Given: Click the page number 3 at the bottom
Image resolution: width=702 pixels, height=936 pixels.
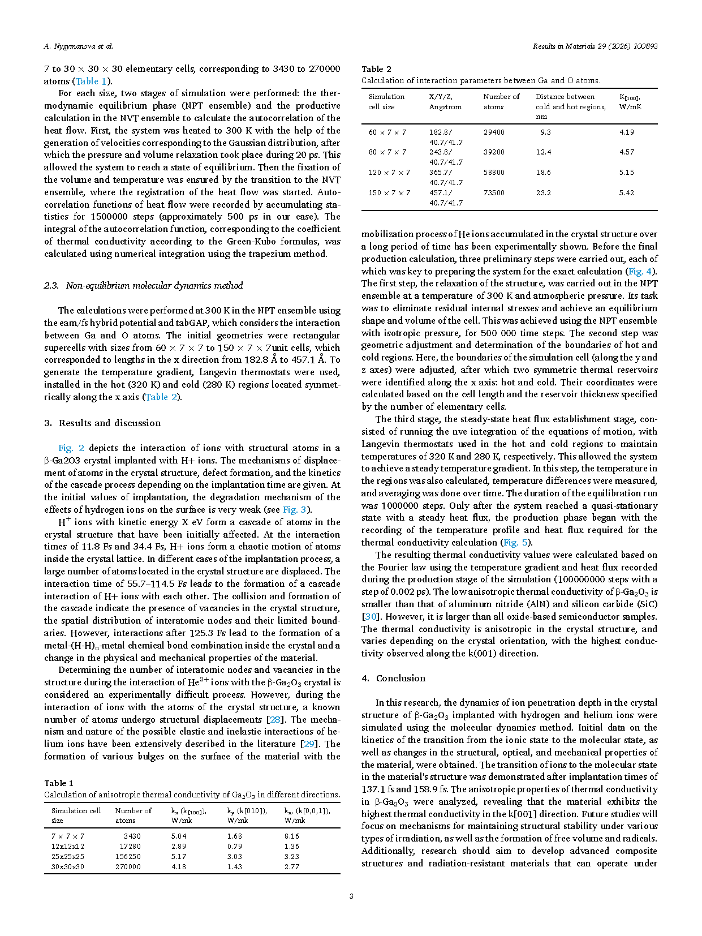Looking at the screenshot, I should point(351,896).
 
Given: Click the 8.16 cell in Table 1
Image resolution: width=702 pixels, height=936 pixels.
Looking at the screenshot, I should point(292,836).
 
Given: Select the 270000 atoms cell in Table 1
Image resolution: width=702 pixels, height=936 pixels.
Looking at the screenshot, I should point(128,866).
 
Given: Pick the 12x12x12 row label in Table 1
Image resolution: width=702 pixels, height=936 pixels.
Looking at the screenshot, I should point(68,846).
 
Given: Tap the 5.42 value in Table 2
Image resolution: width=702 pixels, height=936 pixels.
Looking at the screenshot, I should point(626,193).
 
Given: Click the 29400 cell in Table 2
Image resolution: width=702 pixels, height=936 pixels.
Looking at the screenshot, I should point(494,132).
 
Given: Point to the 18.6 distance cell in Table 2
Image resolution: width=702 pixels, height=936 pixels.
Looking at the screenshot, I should point(543,173).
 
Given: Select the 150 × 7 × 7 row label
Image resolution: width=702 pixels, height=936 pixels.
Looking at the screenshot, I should point(389,193).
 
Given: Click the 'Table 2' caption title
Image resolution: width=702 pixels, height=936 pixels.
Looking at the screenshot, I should point(376,69).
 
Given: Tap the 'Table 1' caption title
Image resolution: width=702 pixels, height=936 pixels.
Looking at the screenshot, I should point(59,783).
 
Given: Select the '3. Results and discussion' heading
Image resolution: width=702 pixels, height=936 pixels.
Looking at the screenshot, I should point(102,423).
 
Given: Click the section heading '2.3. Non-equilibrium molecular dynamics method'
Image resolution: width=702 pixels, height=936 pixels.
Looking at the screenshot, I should point(144,285).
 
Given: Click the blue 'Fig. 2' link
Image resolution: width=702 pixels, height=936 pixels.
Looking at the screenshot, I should point(71,448).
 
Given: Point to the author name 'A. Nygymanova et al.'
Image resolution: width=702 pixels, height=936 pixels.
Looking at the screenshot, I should point(79,46).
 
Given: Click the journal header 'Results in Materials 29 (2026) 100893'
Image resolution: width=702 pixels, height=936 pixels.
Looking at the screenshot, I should point(595,46).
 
